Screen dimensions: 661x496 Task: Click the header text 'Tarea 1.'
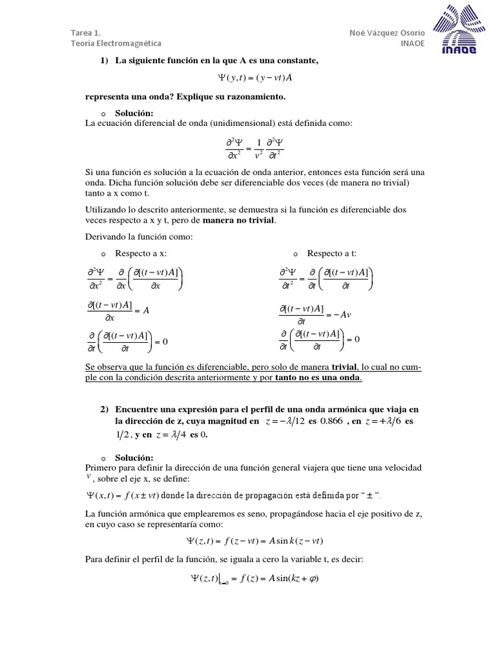(85, 32)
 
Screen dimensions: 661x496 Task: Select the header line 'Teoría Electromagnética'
(116, 43)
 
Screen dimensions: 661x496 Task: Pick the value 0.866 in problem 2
(329, 422)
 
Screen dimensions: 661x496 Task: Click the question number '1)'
(104, 61)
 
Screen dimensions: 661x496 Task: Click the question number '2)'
(104, 410)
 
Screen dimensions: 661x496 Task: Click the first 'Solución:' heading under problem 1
(134, 114)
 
